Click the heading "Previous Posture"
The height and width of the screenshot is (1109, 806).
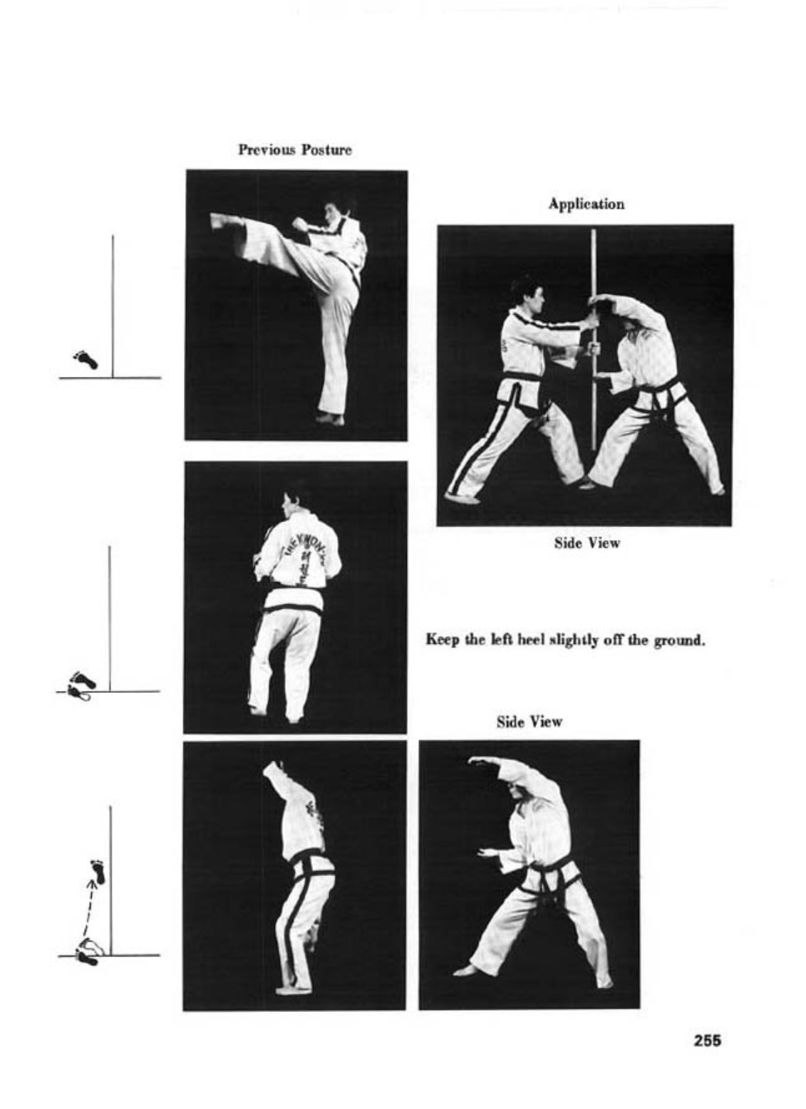tap(295, 150)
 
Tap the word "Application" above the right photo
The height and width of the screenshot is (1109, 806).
tap(586, 204)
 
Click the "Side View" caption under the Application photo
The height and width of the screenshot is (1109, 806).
tap(587, 543)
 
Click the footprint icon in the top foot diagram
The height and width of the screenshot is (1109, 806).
tap(86, 360)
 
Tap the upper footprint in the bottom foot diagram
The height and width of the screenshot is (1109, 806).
tap(98, 872)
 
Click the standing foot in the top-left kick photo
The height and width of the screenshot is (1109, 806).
tap(331, 420)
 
